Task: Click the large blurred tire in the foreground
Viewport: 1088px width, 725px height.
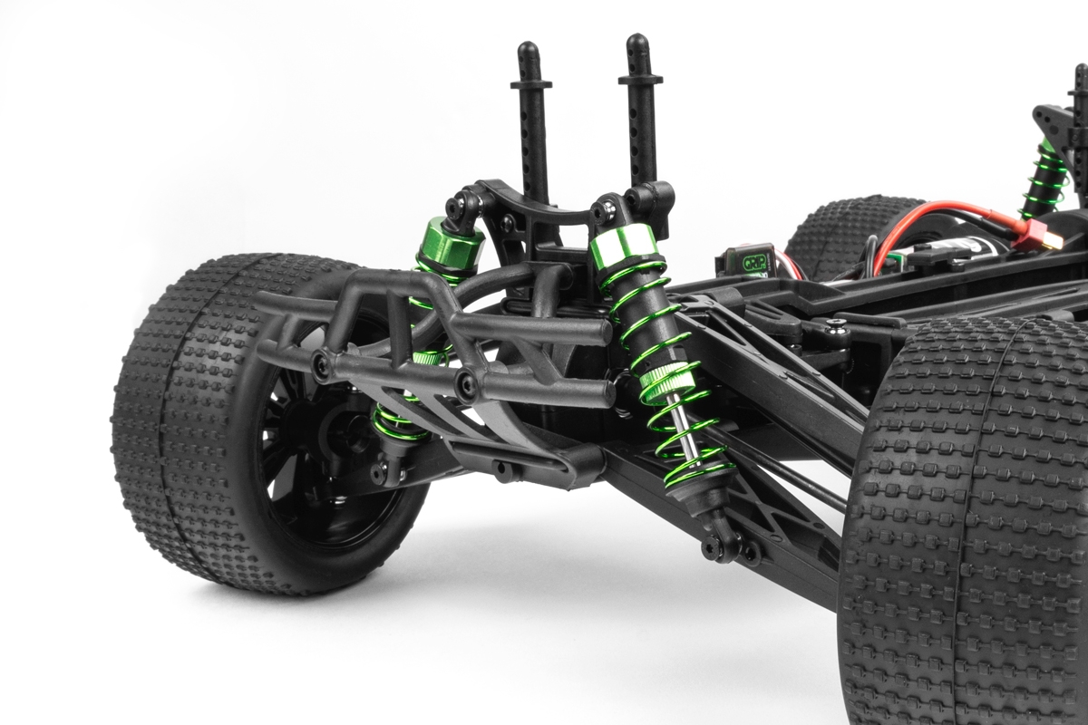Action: pos(970,526)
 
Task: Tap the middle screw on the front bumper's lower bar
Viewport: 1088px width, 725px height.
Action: pos(467,386)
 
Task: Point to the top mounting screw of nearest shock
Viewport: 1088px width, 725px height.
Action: pos(601,213)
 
